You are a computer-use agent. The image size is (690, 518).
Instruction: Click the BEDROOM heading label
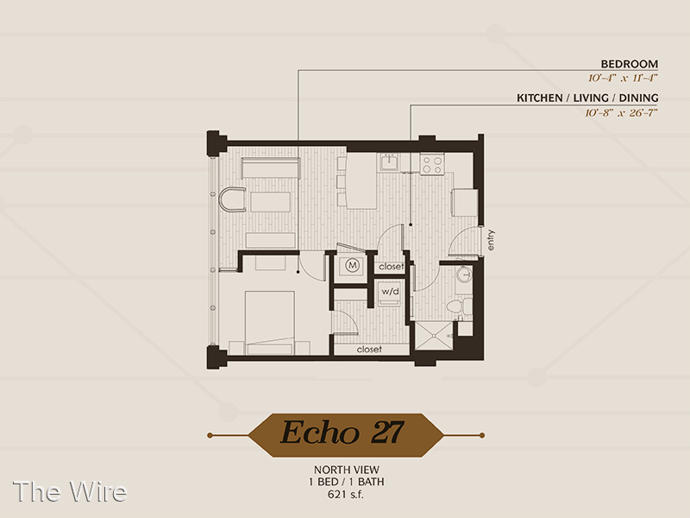630,64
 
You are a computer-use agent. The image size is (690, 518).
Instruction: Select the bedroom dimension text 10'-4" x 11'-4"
623,79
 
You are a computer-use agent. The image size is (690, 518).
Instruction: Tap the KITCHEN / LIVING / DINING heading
587,98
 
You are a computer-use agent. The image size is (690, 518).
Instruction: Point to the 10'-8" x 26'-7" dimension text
621,113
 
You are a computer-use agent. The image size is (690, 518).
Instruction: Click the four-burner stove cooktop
432,164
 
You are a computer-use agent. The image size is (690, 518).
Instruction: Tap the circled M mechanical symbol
352,265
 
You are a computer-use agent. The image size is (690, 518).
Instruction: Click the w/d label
390,291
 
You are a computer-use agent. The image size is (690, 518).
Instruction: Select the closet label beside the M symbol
392,267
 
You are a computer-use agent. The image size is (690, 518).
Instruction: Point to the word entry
491,240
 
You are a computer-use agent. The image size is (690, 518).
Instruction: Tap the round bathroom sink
463,275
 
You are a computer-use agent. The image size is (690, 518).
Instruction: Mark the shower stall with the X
434,337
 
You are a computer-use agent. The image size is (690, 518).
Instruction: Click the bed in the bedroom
269,322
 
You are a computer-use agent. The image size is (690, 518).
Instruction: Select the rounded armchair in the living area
232,199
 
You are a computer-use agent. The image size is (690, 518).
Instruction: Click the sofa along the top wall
270,167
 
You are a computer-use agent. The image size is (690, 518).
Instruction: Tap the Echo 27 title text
342,433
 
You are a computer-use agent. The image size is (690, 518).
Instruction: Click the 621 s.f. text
346,494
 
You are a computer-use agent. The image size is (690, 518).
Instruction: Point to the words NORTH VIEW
347,470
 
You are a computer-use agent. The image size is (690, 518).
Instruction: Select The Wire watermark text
70,491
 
